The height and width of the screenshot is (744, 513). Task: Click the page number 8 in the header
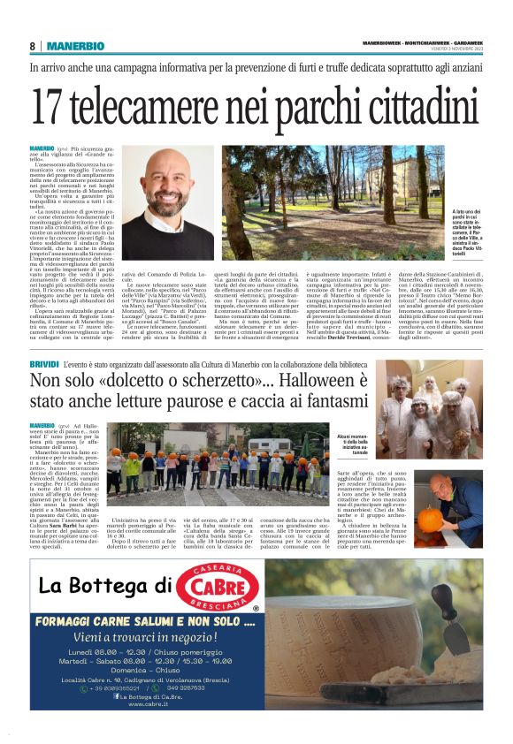point(32,46)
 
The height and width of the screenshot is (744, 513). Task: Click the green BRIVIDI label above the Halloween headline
point(45,364)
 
